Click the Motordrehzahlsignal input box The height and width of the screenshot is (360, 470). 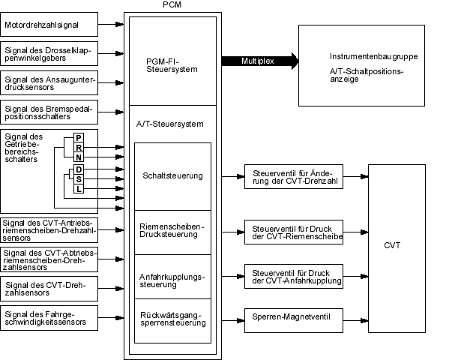point(49,25)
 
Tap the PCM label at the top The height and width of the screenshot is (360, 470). point(171,5)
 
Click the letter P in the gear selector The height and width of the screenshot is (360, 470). point(79,138)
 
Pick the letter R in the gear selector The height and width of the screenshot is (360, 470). point(79,148)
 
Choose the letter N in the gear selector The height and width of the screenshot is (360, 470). point(79,157)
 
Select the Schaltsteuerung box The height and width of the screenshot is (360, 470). point(172,176)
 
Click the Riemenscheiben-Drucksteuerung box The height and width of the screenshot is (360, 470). point(172,231)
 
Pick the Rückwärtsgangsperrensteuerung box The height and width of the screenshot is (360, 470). point(172,318)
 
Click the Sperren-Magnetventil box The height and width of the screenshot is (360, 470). point(294,316)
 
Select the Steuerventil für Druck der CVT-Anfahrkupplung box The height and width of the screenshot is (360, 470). point(294,276)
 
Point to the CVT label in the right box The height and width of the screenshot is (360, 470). point(392,245)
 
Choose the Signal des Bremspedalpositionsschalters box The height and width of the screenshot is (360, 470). point(49,112)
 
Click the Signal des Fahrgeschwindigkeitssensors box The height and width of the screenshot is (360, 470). point(49,318)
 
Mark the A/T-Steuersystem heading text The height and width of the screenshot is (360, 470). point(170,123)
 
